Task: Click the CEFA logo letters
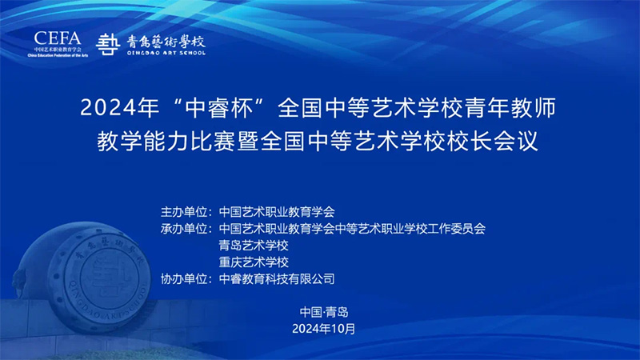(57, 38)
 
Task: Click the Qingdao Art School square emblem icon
(107, 45)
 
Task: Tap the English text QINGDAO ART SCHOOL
(166, 53)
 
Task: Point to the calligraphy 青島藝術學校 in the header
(166, 42)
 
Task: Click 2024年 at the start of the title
(119, 108)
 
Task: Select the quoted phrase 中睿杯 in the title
(223, 108)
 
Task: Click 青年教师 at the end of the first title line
(510, 108)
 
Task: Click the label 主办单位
(184, 212)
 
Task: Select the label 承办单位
(184, 229)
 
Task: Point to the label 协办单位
(184, 279)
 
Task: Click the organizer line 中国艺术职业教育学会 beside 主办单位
(277, 212)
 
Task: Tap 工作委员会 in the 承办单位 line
(456, 229)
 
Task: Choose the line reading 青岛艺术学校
(254, 246)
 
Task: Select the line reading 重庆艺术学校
(254, 262)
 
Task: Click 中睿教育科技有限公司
(277, 279)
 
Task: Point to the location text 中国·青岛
(324, 312)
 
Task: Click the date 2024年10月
(324, 329)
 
